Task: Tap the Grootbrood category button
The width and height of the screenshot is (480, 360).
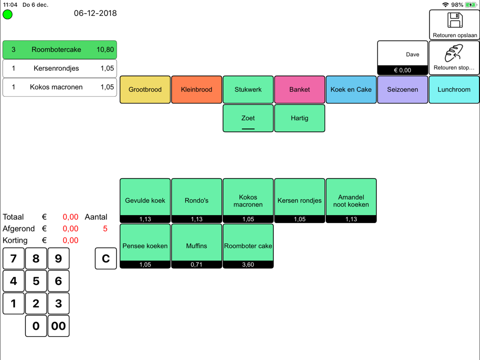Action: (x=145, y=90)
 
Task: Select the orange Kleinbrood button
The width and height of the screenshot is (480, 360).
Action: (x=196, y=90)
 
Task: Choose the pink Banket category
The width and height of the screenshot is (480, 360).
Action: (x=300, y=90)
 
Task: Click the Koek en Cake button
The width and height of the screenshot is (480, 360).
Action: (x=351, y=90)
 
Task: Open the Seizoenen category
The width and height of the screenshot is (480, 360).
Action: (x=403, y=90)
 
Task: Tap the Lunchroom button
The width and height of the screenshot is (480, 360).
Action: (x=454, y=90)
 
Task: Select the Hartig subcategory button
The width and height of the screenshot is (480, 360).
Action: (x=300, y=118)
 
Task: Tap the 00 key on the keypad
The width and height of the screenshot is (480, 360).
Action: (x=59, y=326)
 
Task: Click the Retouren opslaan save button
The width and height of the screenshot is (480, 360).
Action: (x=454, y=25)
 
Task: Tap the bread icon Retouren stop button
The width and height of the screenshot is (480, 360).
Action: (x=454, y=58)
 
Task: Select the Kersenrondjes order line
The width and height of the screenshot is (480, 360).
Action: (x=60, y=68)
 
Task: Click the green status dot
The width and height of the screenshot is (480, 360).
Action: (x=7, y=15)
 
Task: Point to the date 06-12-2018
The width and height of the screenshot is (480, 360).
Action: (x=95, y=13)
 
